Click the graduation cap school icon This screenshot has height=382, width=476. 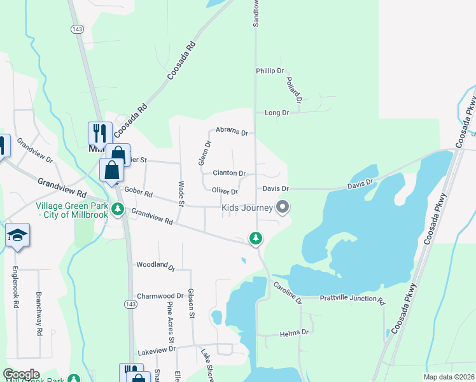tap(18, 234)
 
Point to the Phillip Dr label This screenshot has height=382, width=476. tap(269, 71)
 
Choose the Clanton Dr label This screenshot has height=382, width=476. tap(229, 173)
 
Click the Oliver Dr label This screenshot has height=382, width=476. tap(225, 191)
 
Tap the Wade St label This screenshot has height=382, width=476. tap(181, 194)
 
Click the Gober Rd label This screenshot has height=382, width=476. tap(139, 192)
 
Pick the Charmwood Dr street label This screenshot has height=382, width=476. tap(160, 296)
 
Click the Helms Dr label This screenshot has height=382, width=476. tap(295, 332)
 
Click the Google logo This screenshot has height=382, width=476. tap(22, 374)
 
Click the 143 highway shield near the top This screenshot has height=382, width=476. tap(77, 29)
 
